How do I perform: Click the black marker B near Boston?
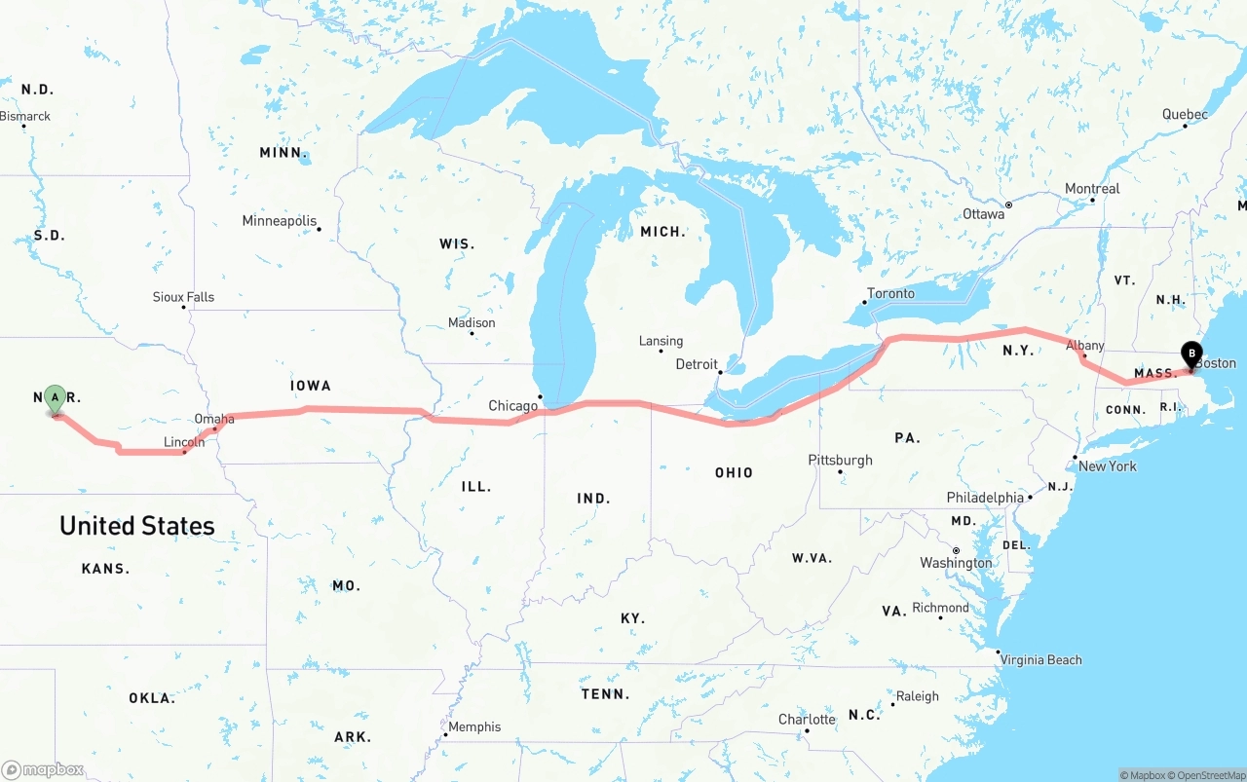[1190, 354]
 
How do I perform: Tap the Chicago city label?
[512, 405]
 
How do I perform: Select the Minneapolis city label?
[280, 221]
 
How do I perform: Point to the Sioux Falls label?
[183, 297]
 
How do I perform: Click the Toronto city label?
[890, 293]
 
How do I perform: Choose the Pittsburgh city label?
[840, 460]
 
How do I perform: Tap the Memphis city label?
[474, 726]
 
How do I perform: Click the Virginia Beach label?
[1040, 659]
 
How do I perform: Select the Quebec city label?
[1185, 114]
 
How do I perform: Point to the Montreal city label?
[1092, 188]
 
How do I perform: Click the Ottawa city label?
[983, 213]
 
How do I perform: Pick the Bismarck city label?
[25, 116]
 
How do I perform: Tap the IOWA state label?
[311, 386]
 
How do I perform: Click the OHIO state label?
[734, 472]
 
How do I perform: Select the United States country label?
[137, 526]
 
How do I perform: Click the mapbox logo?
[43, 770]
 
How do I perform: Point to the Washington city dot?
[956, 550]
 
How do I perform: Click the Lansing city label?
[661, 341]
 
